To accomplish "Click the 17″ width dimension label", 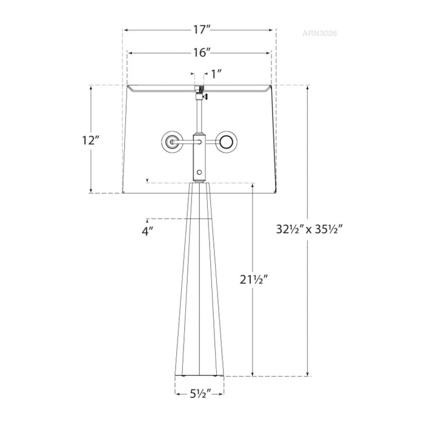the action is [199, 30].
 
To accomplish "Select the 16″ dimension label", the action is [199, 53].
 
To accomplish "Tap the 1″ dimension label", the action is [216, 74].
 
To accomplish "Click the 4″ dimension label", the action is [147, 231].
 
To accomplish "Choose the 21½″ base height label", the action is [254, 280].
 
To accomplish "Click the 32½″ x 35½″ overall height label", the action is [310, 230].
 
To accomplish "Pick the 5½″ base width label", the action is [200, 394].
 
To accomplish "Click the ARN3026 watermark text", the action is [319, 33].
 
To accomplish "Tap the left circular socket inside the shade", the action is [171, 142].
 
